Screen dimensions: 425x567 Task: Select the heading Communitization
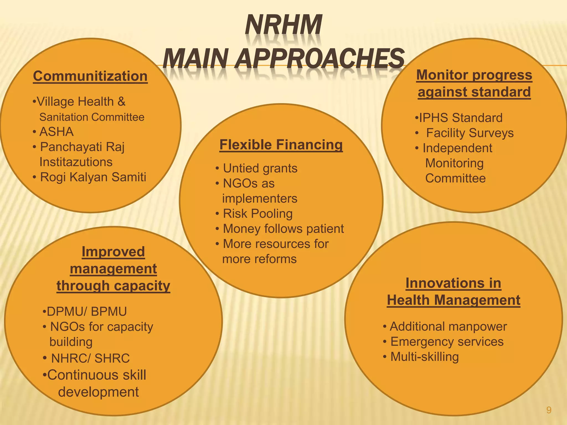pos(90,76)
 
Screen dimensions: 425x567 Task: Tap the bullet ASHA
pos(56,132)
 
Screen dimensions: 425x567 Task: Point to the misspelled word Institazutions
pos(76,162)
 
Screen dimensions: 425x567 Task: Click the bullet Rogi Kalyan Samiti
pos(93,177)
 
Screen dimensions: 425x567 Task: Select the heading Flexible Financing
pos(281,145)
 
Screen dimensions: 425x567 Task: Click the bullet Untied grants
pos(260,168)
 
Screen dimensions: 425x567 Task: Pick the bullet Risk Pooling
pos(258,214)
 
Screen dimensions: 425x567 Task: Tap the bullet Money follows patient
pos(283,229)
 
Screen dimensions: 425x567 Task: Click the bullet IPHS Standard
pos(460,118)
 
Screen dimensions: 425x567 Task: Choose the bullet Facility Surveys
pos(470,133)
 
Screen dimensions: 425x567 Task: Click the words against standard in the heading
pos(474,92)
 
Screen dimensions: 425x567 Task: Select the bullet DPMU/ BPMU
pos(86,312)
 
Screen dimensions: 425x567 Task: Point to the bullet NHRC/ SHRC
pos(90,358)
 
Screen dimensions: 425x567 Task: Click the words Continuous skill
pos(96,375)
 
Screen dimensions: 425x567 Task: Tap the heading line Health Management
pos(453,300)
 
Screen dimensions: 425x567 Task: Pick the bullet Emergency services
pos(447,342)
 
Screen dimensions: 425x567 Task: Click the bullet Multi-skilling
pos(424,357)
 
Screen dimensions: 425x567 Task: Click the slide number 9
pos(549,410)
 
